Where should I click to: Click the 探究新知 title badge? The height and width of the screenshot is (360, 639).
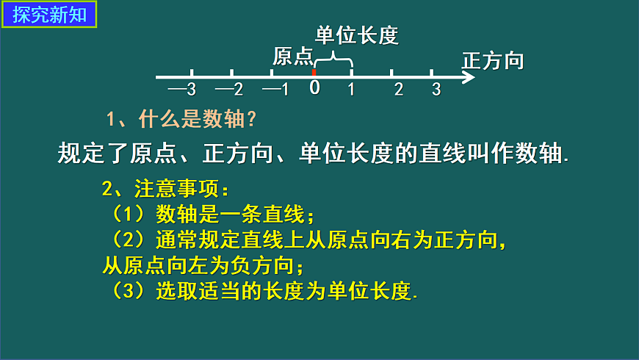coord(49,15)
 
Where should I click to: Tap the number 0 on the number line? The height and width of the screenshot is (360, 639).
coord(314,87)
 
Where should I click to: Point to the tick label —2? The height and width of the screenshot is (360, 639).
coord(229,90)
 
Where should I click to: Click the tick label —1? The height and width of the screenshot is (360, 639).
coord(275,90)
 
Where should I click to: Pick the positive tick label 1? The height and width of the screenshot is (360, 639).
coord(351,90)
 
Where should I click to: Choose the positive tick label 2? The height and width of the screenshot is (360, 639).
coord(399,90)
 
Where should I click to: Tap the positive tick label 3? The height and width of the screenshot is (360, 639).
coord(436,90)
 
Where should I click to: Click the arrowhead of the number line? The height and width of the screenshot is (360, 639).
coord(469,76)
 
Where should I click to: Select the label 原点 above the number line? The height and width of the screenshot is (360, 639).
coord(293,57)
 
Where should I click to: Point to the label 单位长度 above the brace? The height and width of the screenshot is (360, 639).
coord(356,35)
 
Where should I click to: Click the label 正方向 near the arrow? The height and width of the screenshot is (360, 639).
coord(493,60)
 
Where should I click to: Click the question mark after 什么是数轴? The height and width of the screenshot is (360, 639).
coord(250,119)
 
